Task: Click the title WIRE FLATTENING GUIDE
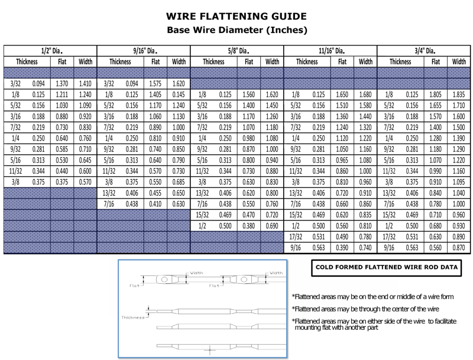coord(237,16)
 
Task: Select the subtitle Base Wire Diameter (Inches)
coord(237,29)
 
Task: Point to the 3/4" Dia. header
coord(424,50)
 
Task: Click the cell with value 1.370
coord(61,84)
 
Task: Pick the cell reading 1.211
coord(61,95)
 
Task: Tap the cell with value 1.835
coord(459,95)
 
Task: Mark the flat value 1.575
coord(155,84)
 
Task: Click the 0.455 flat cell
coord(155,193)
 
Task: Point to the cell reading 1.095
coord(459,182)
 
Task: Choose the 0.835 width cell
coord(365,215)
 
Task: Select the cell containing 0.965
coord(342,160)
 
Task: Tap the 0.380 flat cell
coord(249,226)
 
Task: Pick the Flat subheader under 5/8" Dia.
coord(249,61)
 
